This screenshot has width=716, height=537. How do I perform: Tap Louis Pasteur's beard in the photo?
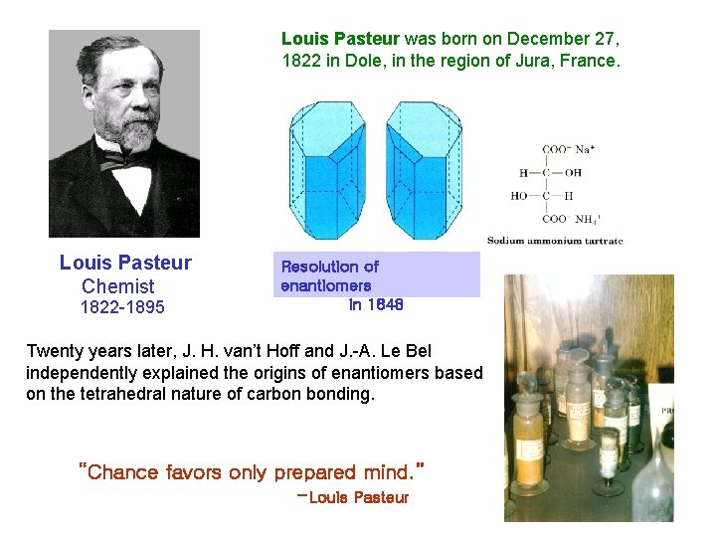[123, 133]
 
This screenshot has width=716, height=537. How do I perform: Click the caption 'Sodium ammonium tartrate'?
[554, 241]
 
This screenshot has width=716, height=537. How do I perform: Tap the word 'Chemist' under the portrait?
[118, 286]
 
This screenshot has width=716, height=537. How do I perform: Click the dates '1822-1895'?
[122, 307]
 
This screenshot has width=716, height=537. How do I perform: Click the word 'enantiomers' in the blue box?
[326, 286]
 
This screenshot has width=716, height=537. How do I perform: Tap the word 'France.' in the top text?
[592, 61]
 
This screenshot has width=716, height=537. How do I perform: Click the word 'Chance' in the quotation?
[123, 472]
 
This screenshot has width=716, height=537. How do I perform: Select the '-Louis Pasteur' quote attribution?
[353, 497]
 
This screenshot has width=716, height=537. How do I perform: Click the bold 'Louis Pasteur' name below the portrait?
[125, 263]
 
